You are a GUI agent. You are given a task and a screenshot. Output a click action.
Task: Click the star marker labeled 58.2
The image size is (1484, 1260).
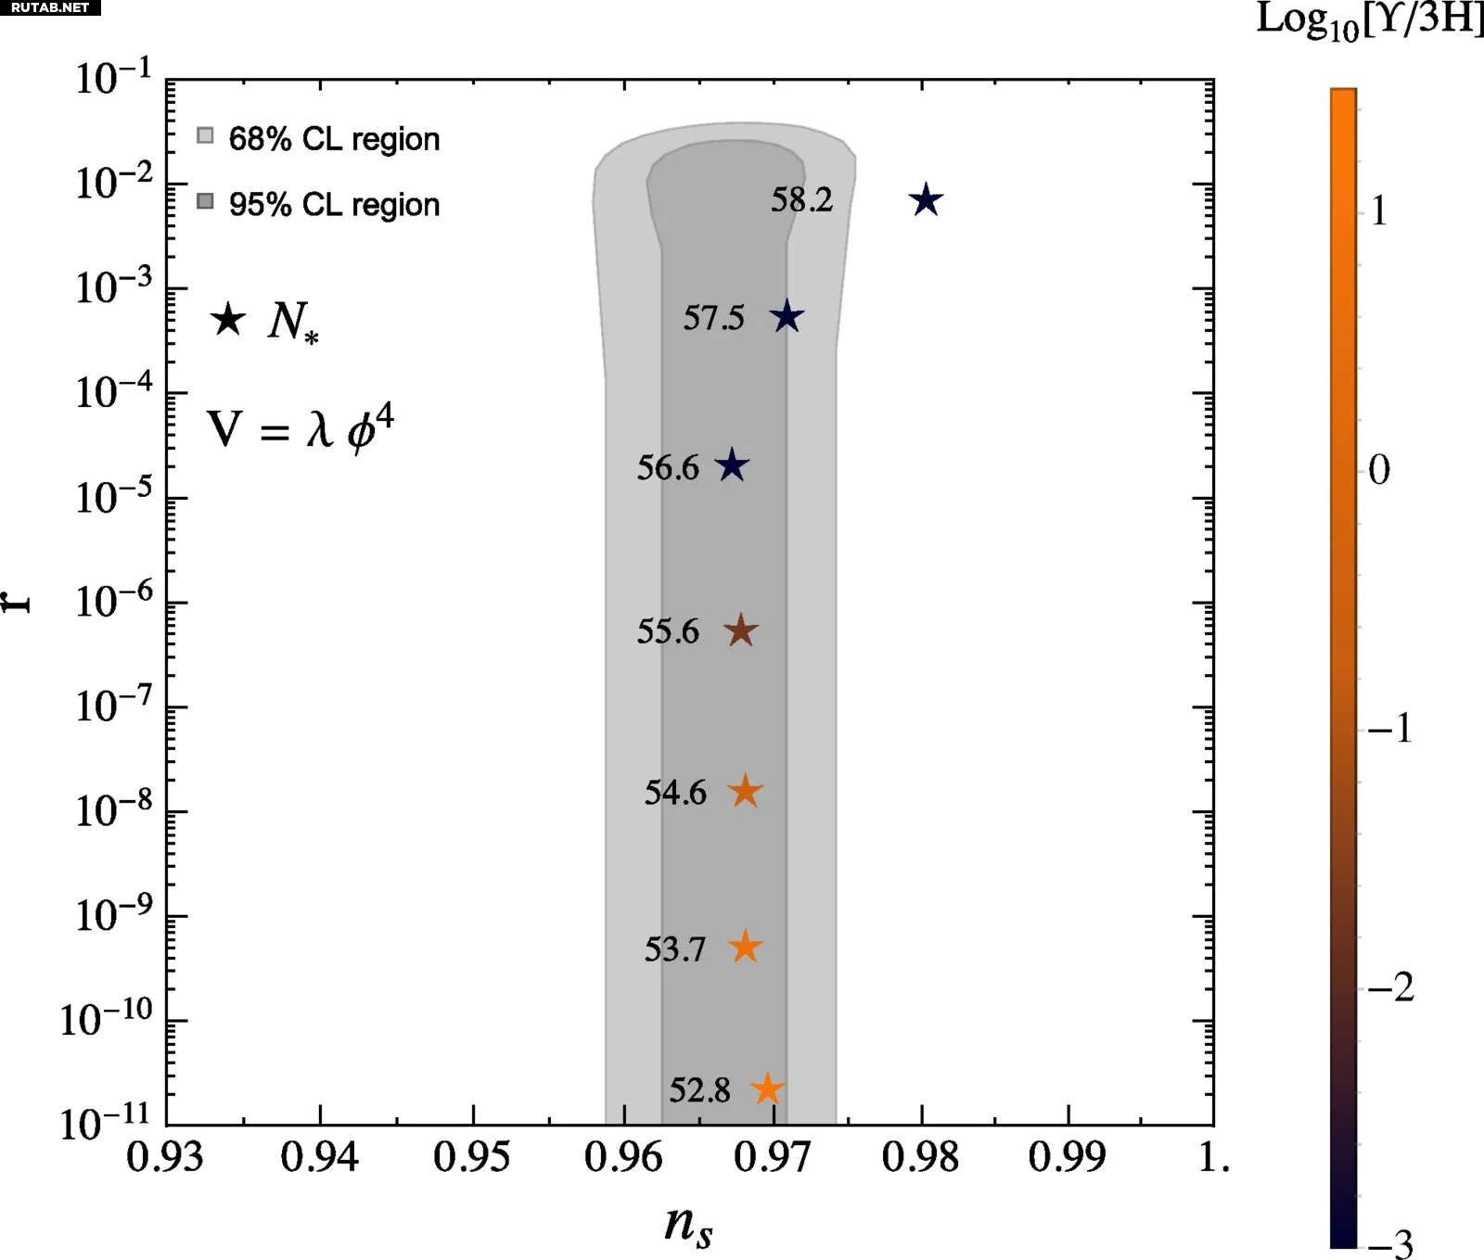point(926,200)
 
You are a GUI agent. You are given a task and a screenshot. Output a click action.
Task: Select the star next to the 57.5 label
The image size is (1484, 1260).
point(787,317)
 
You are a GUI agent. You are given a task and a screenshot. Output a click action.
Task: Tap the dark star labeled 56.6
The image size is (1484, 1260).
point(732,465)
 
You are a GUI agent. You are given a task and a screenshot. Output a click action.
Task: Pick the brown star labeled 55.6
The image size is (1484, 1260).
point(740,631)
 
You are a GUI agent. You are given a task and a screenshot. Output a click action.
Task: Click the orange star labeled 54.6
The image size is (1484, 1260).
point(745,792)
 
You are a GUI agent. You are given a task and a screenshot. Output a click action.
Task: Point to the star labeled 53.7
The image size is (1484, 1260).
point(745,947)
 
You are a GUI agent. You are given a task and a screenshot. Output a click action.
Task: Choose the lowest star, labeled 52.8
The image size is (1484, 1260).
point(767,1089)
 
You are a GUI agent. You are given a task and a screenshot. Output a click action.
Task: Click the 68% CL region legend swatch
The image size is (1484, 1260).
point(205,136)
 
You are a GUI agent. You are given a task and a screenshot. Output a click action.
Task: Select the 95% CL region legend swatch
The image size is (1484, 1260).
point(205,201)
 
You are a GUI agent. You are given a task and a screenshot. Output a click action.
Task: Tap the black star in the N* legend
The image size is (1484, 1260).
point(228,320)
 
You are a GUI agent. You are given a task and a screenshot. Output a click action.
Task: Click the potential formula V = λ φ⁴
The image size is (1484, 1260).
point(300,427)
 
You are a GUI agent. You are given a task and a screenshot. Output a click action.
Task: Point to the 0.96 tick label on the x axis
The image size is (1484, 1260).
point(623,1157)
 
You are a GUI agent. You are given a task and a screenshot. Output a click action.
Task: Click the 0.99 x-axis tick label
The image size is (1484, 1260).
point(1067,1157)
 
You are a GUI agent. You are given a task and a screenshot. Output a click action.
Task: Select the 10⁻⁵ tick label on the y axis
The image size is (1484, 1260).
point(113,497)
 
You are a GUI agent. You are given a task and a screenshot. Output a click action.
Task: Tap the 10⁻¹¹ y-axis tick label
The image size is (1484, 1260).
point(105,1123)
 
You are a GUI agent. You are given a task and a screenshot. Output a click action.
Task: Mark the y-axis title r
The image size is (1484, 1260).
point(17,602)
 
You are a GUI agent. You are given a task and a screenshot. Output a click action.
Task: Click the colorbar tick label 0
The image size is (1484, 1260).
point(1379,470)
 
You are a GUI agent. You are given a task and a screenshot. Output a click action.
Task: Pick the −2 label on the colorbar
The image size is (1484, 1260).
point(1391,988)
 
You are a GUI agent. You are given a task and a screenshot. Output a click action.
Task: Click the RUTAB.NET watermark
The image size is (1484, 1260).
point(50,7)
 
